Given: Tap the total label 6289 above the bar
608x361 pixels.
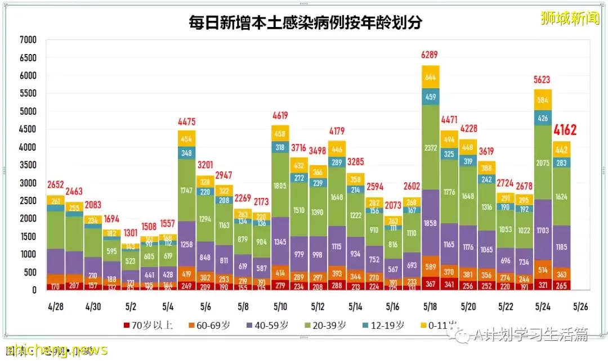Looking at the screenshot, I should pos(431,55).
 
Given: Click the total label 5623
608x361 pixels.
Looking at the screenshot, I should pos(543,79).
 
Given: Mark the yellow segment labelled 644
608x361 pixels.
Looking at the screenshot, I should pos(431,77).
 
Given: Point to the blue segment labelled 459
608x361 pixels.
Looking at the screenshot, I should pos(431,97).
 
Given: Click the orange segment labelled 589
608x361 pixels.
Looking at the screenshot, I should pos(431,267).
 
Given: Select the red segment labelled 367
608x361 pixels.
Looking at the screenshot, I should pos(431,283).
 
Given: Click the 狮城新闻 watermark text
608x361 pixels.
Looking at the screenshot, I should pos(569,18).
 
